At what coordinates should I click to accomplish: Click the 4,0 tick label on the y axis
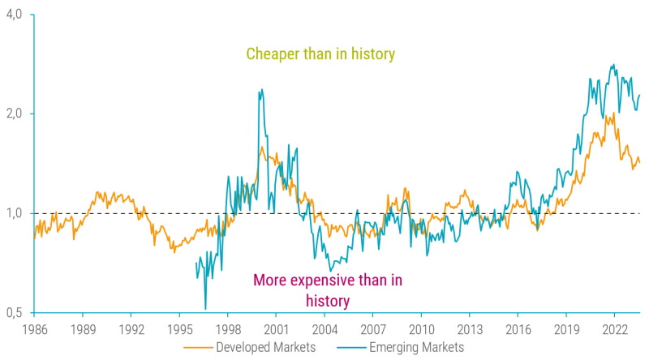pyautogui.click(x=15, y=15)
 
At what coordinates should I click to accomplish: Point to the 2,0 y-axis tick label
pyautogui.click(x=15, y=114)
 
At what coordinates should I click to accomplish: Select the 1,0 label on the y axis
pyautogui.click(x=15, y=213)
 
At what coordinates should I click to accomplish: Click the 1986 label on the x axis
pyautogui.click(x=34, y=330)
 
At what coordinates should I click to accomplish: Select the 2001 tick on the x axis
pyautogui.click(x=276, y=330)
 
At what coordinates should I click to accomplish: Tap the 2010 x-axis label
pyautogui.click(x=421, y=330)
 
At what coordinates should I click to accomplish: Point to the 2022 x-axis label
pyautogui.click(x=614, y=330)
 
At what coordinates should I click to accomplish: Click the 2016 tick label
pyautogui.click(x=518, y=330)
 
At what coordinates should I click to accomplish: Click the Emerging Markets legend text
pyautogui.click(x=416, y=347)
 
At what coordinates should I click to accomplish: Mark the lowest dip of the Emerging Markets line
pyautogui.click(x=205, y=308)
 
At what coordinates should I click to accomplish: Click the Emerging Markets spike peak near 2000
pyautogui.click(x=260, y=91)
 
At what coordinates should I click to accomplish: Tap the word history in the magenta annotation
pyautogui.click(x=328, y=301)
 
